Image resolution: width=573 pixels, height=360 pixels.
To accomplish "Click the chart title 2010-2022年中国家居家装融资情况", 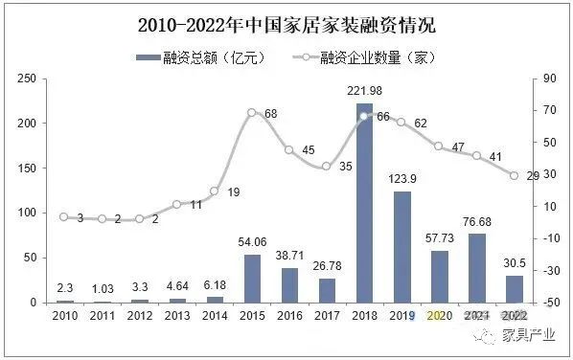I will click(x=286, y=21).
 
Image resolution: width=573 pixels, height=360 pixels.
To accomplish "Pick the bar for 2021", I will click(x=476, y=268).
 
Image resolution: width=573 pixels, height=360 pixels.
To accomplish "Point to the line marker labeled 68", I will click(x=252, y=112).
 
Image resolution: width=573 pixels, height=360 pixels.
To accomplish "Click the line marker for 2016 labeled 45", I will click(x=289, y=149).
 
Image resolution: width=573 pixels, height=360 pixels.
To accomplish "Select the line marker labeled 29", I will click(x=514, y=175).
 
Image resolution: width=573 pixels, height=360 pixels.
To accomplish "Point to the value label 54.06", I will click(x=252, y=243).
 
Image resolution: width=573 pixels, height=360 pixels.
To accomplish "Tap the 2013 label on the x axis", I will click(x=177, y=315).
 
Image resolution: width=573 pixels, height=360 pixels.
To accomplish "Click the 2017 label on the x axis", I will click(x=327, y=315).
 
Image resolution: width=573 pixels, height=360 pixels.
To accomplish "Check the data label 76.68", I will click(x=477, y=222).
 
